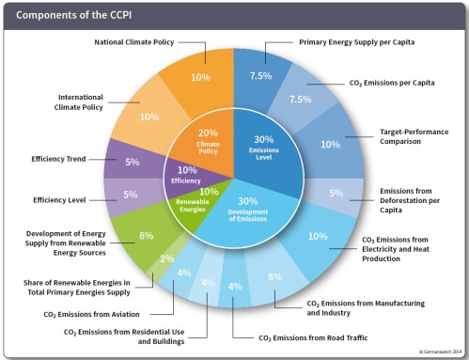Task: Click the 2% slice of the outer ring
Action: coord(166,258)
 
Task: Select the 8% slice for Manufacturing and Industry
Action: coord(274,276)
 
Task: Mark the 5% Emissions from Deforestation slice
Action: coord(336,193)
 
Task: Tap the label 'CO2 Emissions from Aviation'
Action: coord(86,313)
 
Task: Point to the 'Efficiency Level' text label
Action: coord(59,199)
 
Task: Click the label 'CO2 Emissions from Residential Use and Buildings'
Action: coord(124,336)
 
